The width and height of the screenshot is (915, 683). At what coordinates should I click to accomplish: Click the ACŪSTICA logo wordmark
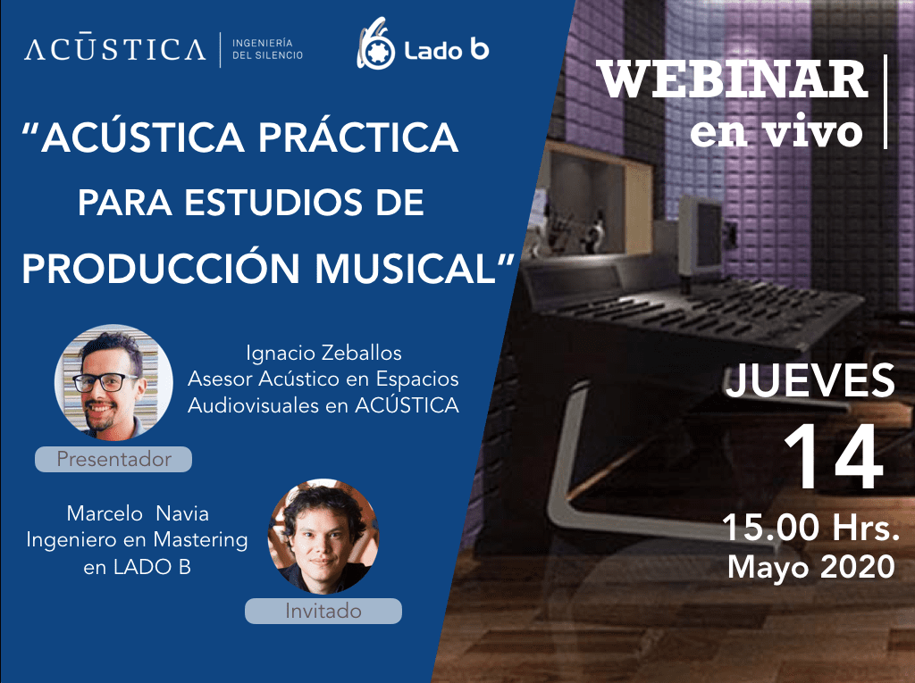(x=115, y=49)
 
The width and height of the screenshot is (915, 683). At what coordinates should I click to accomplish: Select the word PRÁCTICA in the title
(x=358, y=137)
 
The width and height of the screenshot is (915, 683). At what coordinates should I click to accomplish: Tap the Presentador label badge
(x=113, y=459)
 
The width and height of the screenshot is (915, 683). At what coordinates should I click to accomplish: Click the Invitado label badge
(x=323, y=611)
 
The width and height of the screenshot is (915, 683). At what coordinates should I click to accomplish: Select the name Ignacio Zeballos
(x=323, y=353)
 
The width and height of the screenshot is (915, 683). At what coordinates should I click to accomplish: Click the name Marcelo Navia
(x=138, y=513)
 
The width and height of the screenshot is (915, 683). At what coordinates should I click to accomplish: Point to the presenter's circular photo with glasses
(x=113, y=382)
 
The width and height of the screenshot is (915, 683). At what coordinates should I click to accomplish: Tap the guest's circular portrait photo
(x=323, y=536)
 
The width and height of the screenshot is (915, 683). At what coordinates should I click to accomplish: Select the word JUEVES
(x=810, y=381)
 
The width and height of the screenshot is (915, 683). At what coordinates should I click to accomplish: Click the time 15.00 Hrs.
(x=810, y=528)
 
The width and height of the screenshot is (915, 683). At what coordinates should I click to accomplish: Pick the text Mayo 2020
(x=811, y=566)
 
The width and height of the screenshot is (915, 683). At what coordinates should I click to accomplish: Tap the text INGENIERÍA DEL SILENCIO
(x=268, y=49)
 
